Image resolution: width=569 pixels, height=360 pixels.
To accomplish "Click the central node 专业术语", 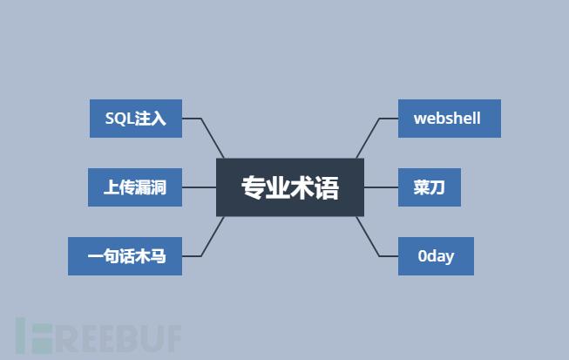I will tap(289, 187).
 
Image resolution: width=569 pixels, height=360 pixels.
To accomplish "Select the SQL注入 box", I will tap(135, 119).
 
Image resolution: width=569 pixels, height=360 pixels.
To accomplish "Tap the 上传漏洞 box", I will tap(135, 187).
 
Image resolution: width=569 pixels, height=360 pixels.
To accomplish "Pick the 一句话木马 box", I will tap(125, 256).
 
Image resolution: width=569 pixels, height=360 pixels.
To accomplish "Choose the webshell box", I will tap(449, 119).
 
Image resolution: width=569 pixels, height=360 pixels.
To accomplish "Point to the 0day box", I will tap(436, 256).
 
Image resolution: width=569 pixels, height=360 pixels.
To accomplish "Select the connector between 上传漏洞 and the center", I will tap(199, 187).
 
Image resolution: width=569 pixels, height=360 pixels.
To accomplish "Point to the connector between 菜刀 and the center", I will tap(381, 187).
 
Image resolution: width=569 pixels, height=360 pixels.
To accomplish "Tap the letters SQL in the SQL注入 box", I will tap(119, 119).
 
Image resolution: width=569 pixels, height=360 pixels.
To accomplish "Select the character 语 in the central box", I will tap(327, 187).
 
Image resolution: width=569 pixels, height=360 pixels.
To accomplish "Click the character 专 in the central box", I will tap(253, 187).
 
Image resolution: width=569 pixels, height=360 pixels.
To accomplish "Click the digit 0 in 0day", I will tap(423, 256).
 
